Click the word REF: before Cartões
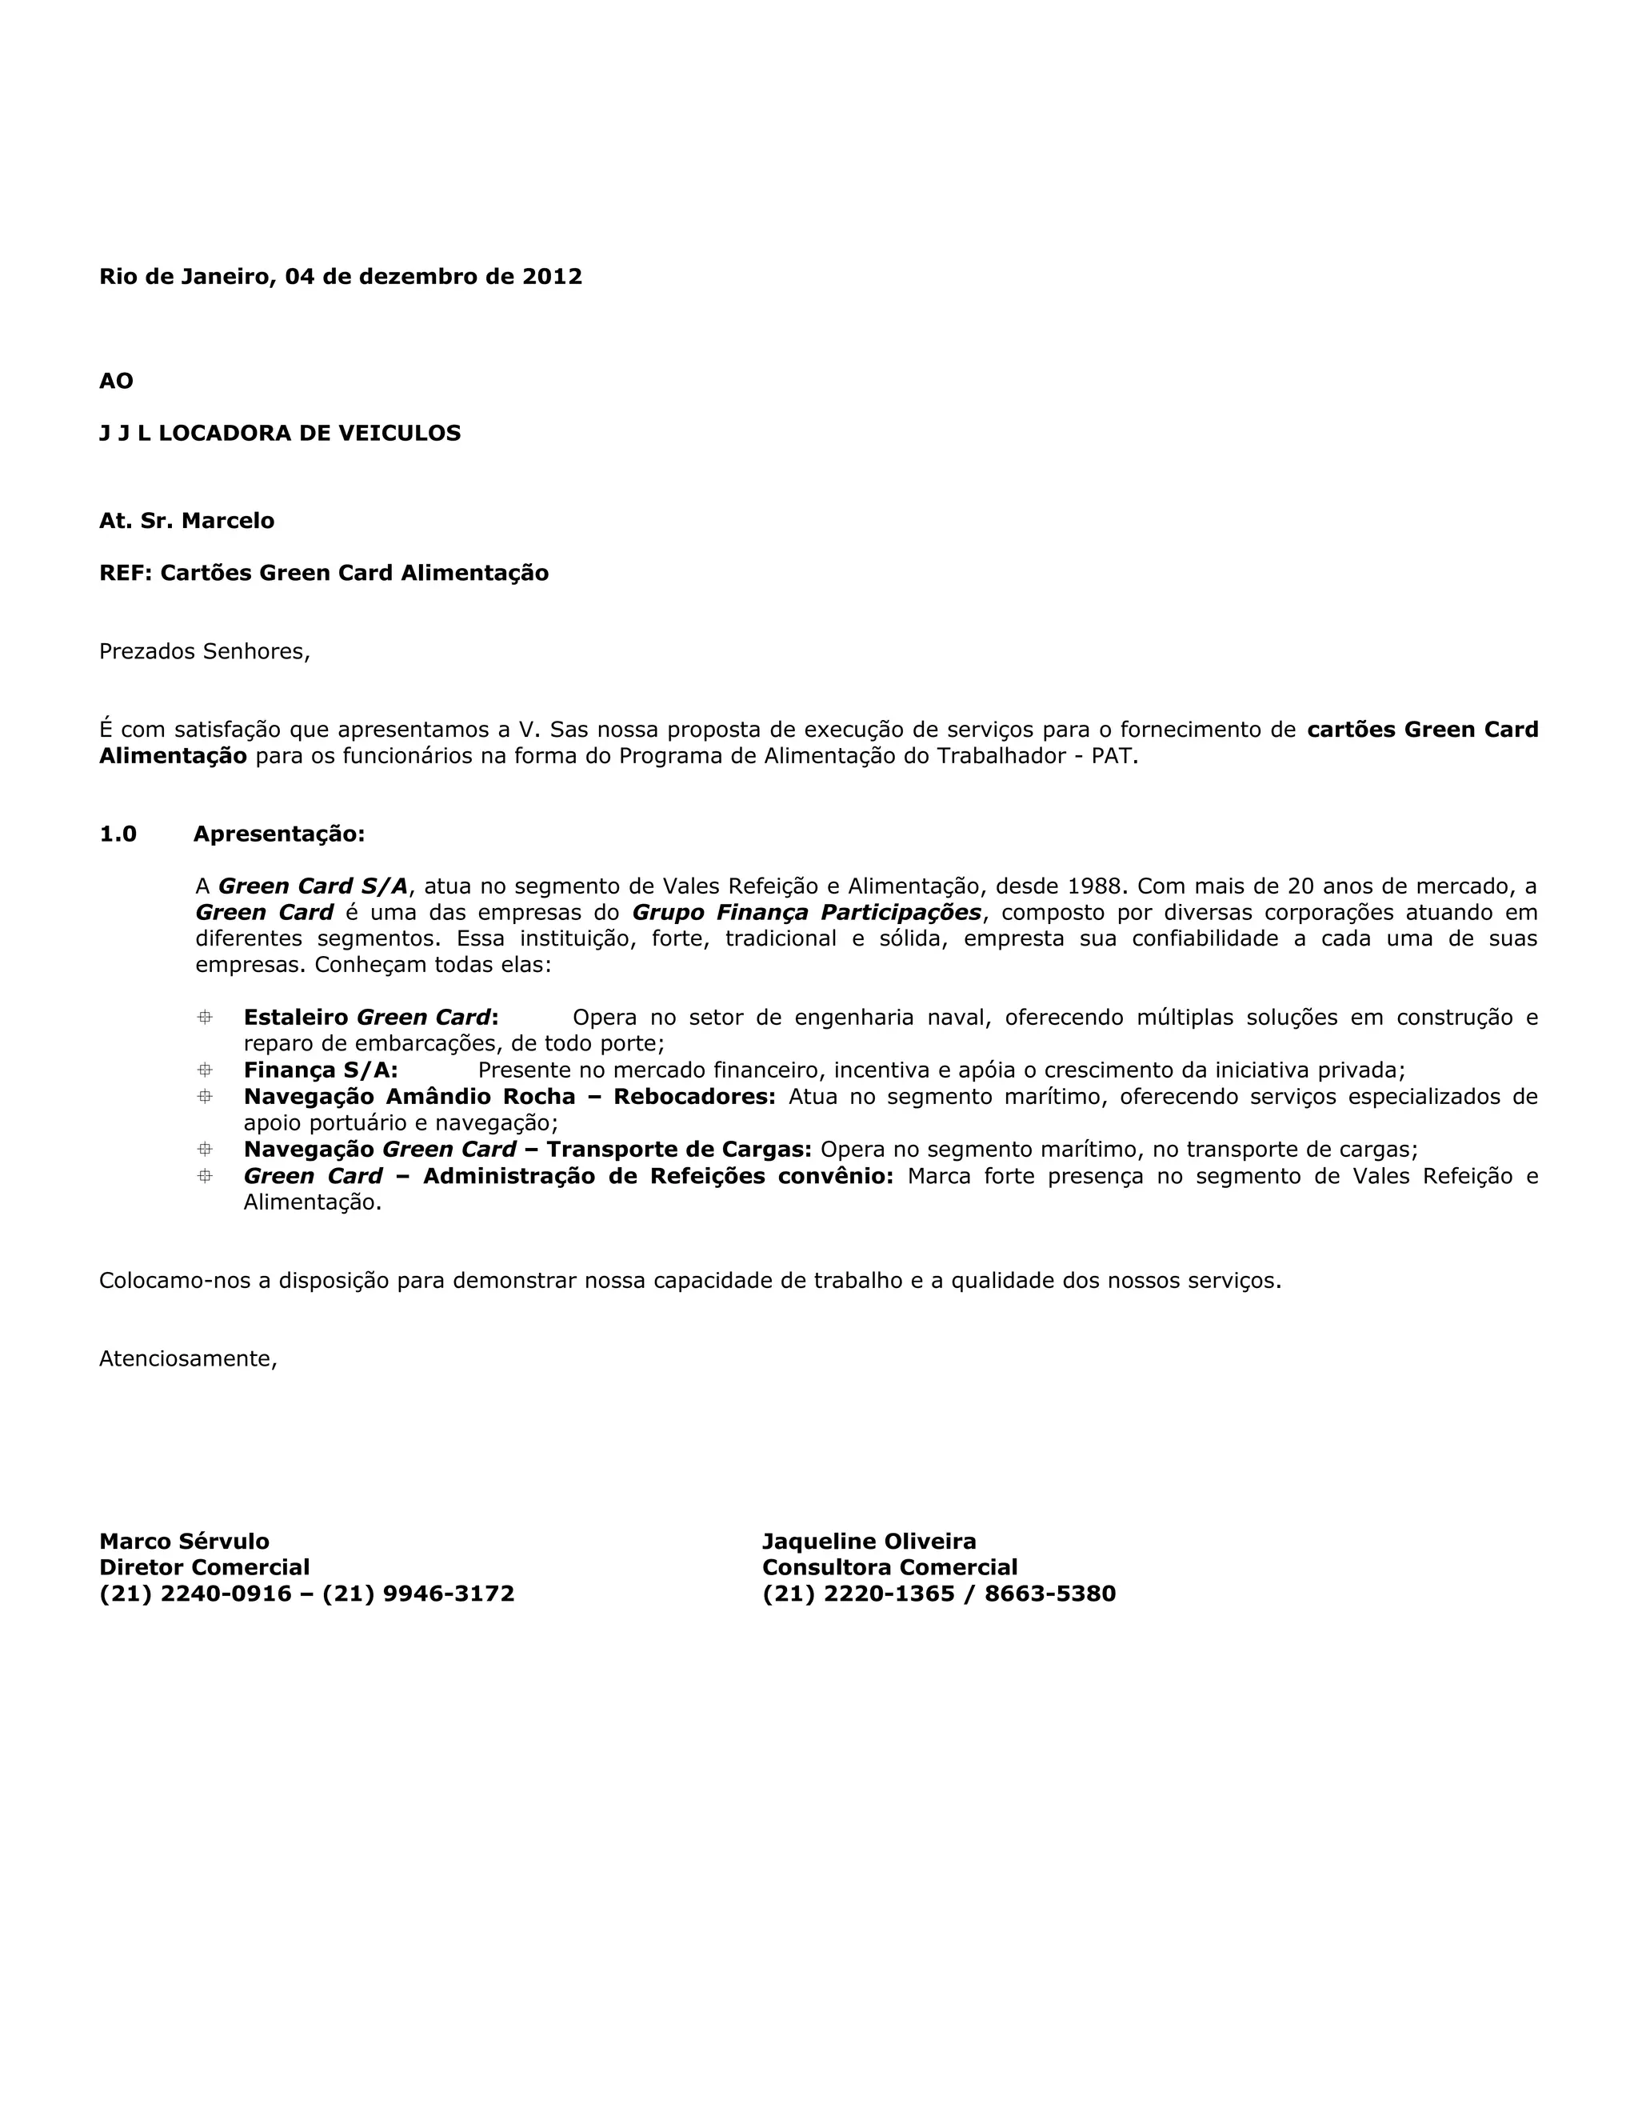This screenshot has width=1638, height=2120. (x=126, y=573)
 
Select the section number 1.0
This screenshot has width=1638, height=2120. (x=118, y=834)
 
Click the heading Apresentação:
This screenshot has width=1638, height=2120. (x=278, y=834)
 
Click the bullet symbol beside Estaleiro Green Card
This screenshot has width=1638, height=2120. (x=205, y=1018)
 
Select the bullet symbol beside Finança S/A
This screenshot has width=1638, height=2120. (x=205, y=1070)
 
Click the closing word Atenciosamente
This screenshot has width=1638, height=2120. (x=188, y=1359)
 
